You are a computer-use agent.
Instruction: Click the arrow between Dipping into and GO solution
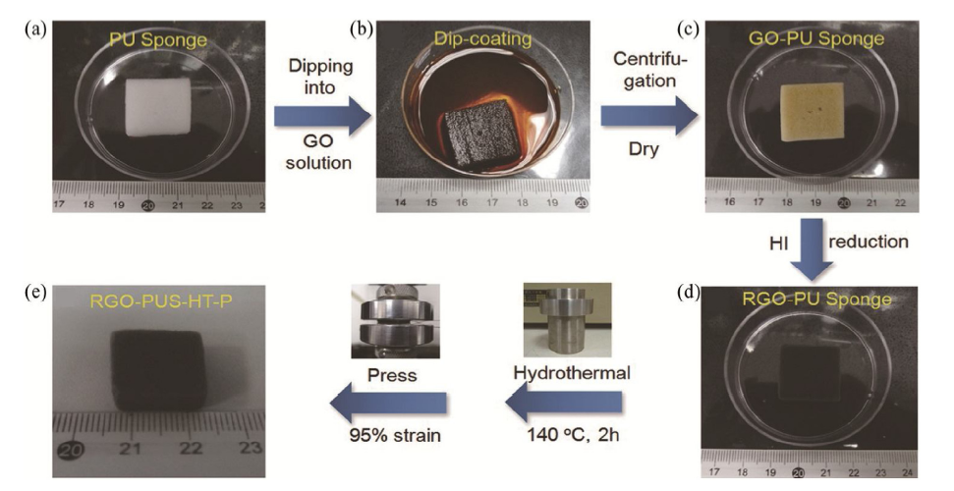click(322, 117)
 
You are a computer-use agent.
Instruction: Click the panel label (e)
click(35, 292)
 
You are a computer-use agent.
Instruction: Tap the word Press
click(384, 374)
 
